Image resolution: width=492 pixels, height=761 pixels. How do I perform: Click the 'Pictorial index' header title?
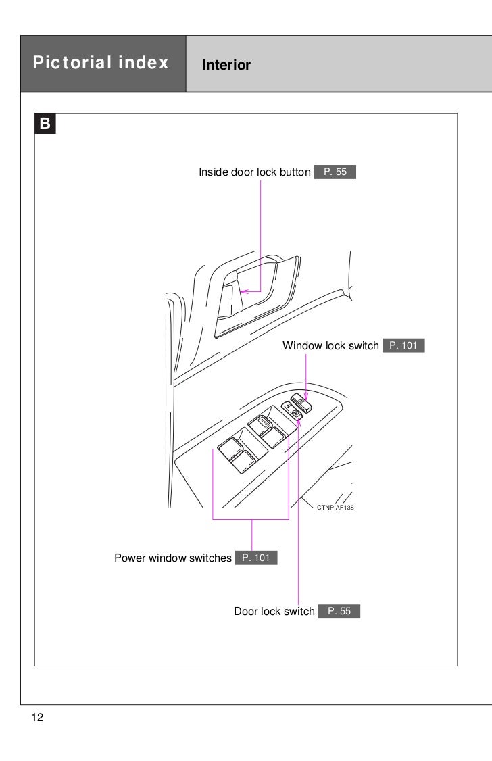tap(99, 64)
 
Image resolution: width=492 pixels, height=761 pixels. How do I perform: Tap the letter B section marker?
tap(45, 124)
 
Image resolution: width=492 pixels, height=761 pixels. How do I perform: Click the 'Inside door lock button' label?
tap(254, 172)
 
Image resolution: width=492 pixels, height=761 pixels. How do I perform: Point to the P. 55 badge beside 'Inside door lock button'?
tap(335, 172)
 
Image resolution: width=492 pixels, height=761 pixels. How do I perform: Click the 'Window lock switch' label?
tap(330, 346)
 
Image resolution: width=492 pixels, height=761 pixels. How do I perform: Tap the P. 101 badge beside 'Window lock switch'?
tap(403, 346)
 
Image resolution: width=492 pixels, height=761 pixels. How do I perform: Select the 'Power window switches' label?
tap(172, 558)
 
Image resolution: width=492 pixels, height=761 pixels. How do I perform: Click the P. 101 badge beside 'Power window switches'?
tap(255, 558)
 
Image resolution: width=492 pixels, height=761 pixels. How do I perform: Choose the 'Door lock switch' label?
tap(274, 612)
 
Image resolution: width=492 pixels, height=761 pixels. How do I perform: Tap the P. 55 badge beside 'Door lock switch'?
tap(339, 612)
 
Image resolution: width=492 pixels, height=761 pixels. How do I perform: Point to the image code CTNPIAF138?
tap(336, 506)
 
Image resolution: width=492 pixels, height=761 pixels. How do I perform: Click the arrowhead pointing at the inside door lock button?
tap(244, 292)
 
